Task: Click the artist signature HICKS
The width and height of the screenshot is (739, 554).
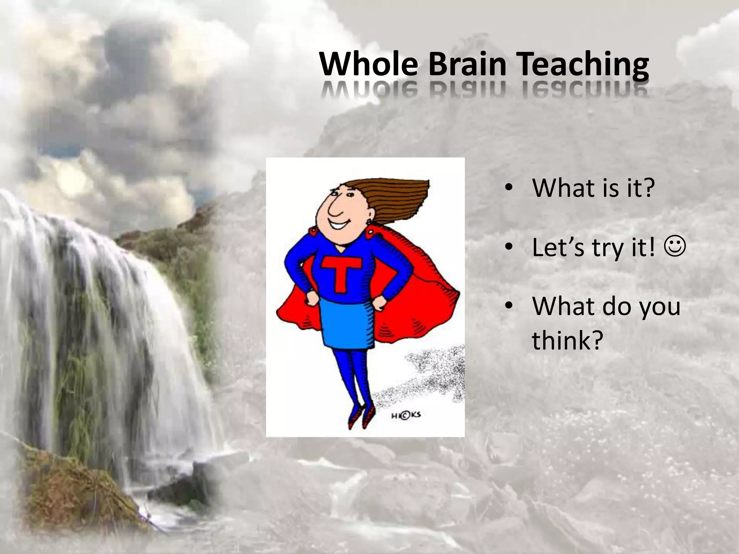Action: click(x=406, y=416)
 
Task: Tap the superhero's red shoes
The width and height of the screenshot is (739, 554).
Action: click(x=359, y=417)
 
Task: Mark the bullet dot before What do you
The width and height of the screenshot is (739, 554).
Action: click(x=508, y=306)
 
